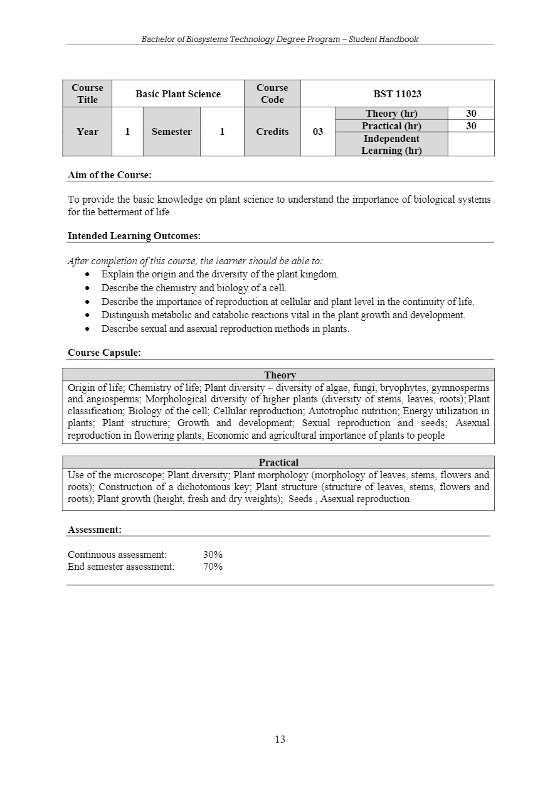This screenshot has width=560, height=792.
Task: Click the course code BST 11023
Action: (397, 94)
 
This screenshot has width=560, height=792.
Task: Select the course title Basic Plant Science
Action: (178, 94)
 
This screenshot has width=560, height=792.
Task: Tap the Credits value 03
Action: (318, 132)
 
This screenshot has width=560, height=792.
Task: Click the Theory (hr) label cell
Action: (391, 114)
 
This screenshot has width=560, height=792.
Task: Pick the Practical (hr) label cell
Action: (391, 126)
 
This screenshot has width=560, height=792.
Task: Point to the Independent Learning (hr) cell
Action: (391, 144)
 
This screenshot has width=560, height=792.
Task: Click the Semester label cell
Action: (171, 132)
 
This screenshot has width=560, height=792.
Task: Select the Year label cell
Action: (87, 132)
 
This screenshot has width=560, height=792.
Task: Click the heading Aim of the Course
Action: (110, 175)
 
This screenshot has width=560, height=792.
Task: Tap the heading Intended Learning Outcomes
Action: (134, 236)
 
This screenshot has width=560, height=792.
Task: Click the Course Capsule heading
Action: (104, 353)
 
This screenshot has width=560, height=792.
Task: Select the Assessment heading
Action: (95, 530)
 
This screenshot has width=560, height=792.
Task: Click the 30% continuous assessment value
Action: (213, 555)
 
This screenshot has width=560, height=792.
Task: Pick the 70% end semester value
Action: (213, 567)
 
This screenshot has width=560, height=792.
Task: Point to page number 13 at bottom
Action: (280, 739)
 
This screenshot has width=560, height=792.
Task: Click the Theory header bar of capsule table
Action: (280, 375)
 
